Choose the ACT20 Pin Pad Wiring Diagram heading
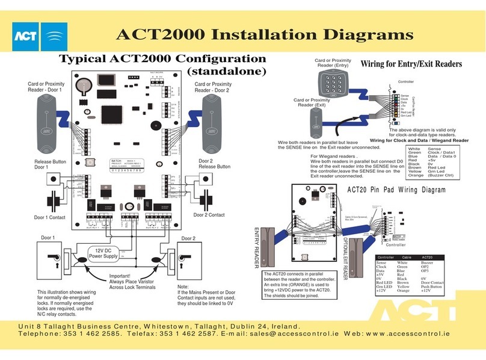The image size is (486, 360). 397,190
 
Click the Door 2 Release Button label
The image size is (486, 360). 215,164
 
